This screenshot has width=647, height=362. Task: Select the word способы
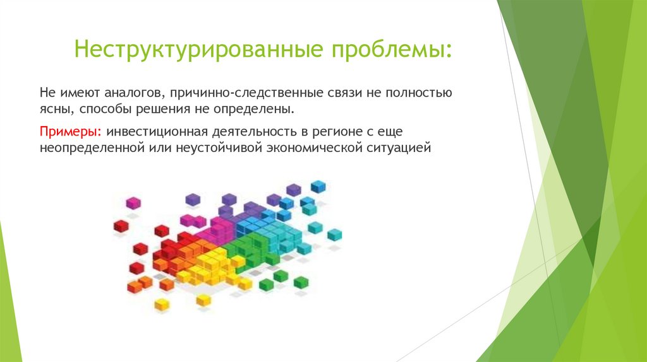coord(103,109)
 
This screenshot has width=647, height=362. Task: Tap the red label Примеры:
coord(71,132)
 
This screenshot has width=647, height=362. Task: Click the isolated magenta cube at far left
coord(133,203)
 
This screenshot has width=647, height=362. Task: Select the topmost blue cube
coord(318,186)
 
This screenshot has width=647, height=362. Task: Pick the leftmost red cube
coord(121,226)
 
